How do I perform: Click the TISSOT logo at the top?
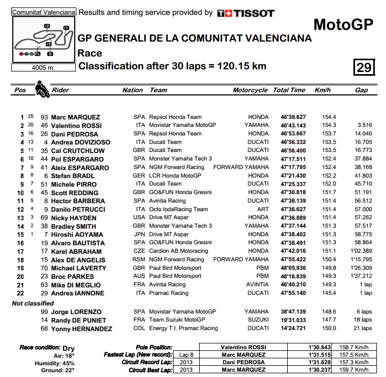[246, 13]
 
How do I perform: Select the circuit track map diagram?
[43, 40]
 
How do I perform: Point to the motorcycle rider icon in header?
[40, 89]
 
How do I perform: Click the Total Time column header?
[289, 91]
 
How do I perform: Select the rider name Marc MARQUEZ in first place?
[75, 117]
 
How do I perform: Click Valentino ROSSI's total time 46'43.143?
[289, 126]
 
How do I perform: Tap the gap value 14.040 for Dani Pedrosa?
[363, 134]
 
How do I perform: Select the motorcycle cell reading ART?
[262, 210]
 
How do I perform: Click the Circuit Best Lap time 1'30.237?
[308, 370]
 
